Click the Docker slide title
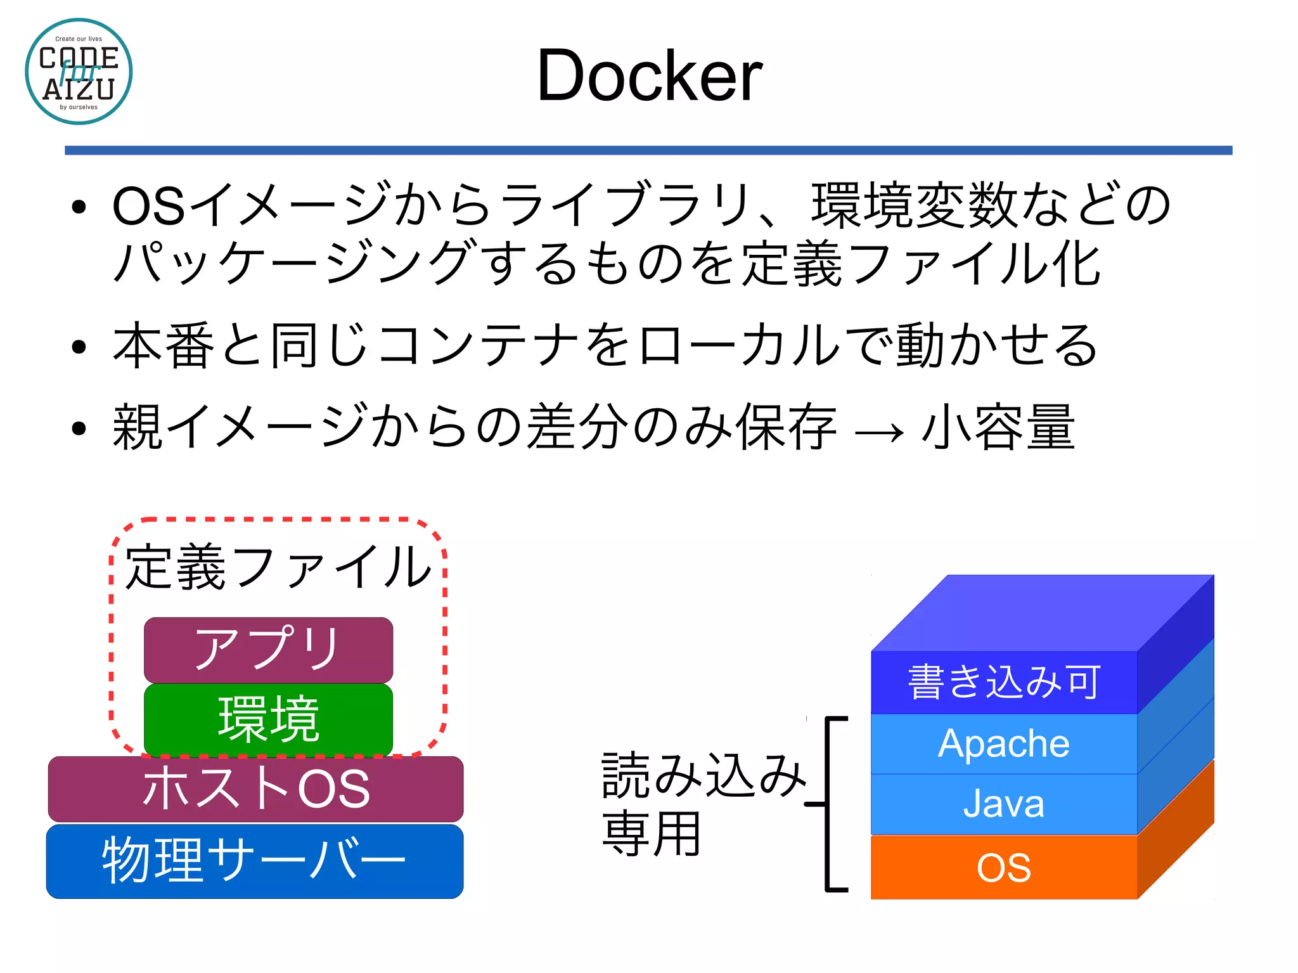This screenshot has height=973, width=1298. pos(649,76)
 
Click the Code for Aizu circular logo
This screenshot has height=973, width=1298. pos(79,72)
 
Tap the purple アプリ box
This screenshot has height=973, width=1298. pos(268,649)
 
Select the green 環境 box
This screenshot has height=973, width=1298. pos(268,719)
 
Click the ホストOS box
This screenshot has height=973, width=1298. pos(255,789)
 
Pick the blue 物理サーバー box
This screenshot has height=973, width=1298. pos(254,861)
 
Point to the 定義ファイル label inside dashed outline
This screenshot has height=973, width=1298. pos(278,566)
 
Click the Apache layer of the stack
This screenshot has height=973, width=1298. pos(1003,744)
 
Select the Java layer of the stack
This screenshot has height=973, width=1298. pos(1003,804)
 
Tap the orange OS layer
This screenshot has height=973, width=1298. pos(1003,867)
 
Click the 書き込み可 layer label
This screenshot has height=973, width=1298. pos(1003,682)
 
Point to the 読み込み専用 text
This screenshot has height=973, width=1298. pos(700,804)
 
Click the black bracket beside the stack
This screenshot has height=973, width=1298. pos(828,805)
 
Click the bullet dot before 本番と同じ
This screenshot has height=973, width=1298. pos(79,347)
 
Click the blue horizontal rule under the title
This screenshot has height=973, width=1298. pos(648,150)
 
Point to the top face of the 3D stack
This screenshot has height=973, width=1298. pos(1043,612)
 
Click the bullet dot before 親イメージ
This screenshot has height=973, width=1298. pos(79,429)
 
